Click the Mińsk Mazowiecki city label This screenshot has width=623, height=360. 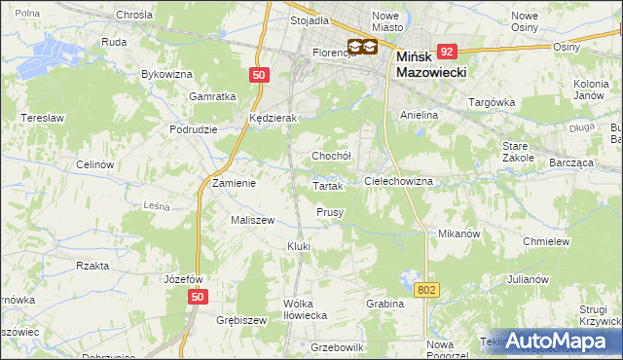click(433, 65)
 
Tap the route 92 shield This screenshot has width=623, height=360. click(447, 51)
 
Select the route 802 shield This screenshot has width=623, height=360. click(426, 290)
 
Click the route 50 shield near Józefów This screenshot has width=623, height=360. click(199, 297)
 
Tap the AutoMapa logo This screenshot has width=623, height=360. click(556, 341)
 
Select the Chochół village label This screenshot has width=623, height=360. click(330, 156)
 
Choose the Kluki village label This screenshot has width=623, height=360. click(298, 246)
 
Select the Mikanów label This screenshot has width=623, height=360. click(460, 234)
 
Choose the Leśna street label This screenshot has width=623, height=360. click(157, 206)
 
